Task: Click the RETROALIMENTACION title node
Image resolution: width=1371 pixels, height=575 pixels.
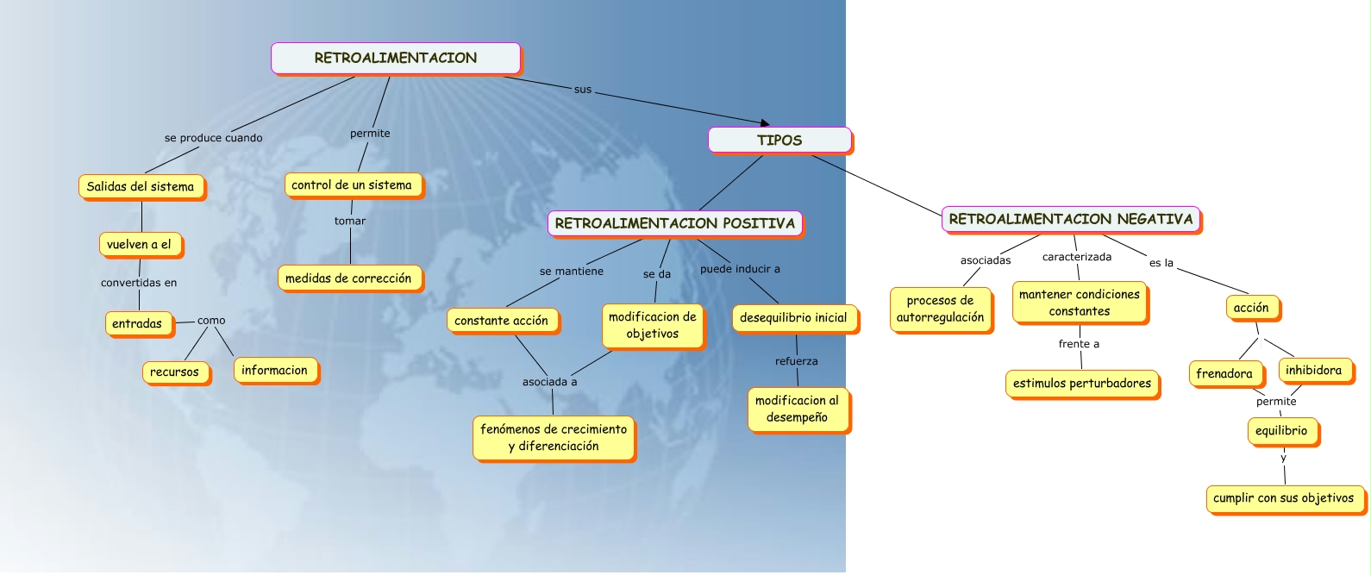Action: [x=396, y=59]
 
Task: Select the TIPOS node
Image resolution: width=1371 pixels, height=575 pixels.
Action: [x=779, y=141]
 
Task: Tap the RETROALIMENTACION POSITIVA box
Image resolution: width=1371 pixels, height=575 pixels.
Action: [x=674, y=223]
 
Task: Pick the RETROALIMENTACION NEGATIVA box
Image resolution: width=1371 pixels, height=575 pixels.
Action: [x=1070, y=219]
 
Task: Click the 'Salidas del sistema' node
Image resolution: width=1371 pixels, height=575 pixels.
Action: [x=141, y=186]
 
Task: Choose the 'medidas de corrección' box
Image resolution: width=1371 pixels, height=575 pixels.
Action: [x=349, y=278]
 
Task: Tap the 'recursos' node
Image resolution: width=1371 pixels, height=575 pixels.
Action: [x=175, y=372]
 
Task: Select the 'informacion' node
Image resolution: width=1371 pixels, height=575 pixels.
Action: [x=275, y=371]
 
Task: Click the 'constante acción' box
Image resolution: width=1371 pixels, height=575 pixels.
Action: [x=502, y=321]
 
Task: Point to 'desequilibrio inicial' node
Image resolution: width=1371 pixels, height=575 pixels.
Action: [x=793, y=318]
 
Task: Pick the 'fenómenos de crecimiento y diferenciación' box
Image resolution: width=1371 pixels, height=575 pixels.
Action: [x=554, y=438]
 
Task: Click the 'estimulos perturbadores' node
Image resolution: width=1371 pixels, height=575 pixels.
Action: [x=1082, y=384]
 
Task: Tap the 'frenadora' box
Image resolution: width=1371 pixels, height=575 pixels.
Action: [x=1224, y=373]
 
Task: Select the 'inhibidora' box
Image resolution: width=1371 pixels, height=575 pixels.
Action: [x=1314, y=371]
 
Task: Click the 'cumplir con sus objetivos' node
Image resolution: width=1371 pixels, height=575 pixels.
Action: [x=1284, y=498]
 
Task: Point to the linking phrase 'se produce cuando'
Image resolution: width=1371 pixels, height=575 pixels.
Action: [x=214, y=138]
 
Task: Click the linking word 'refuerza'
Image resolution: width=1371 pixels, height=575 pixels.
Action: [x=797, y=361]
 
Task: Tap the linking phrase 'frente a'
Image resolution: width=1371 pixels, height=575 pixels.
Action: [x=1079, y=344]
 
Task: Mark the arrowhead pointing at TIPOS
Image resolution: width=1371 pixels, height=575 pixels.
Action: [x=764, y=124]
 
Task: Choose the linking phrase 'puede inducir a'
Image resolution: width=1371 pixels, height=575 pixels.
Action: [x=740, y=269]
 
